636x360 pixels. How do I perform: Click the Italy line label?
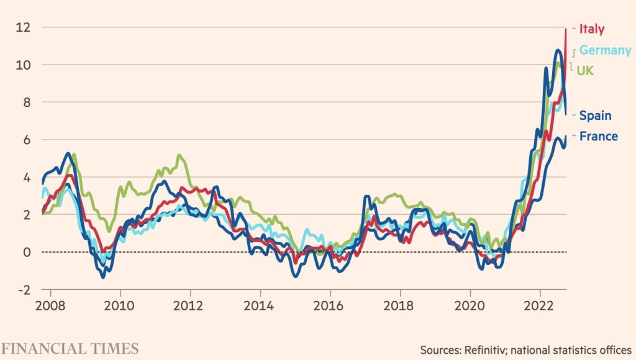click(591, 29)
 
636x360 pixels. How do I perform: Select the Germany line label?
click(605, 50)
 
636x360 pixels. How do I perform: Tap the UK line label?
click(585, 71)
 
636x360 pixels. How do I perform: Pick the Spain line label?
click(595, 115)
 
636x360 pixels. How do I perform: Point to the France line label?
click(598, 137)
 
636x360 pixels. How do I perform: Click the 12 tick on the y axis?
click(24, 27)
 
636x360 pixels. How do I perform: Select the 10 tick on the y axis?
click(24, 65)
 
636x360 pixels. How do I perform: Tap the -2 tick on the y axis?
click(24, 290)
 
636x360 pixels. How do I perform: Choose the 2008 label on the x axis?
click(49, 306)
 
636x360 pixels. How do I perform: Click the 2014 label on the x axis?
click(260, 306)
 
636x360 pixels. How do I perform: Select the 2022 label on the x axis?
click(540, 306)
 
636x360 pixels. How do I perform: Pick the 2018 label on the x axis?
click(400, 306)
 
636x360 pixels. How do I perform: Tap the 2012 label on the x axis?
click(189, 306)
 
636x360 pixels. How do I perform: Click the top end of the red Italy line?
click(566, 29)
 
